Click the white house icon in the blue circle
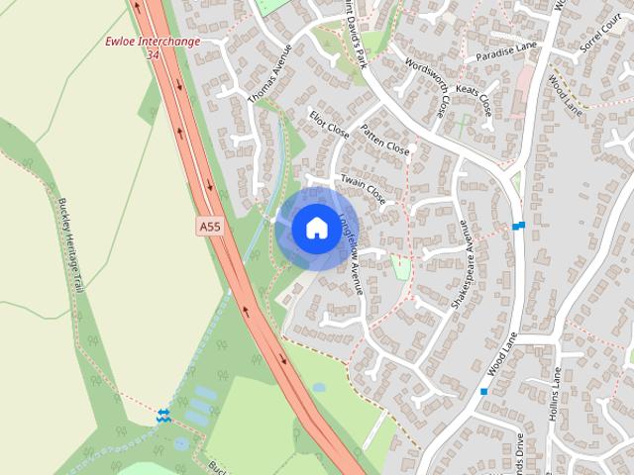tap(315, 228)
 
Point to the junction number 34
tap(153, 54)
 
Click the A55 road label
tap(209, 227)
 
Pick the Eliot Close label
tap(330, 123)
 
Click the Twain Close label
tap(363, 187)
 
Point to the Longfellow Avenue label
tap(351, 255)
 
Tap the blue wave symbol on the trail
tap(163, 415)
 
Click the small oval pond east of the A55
tap(318, 387)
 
